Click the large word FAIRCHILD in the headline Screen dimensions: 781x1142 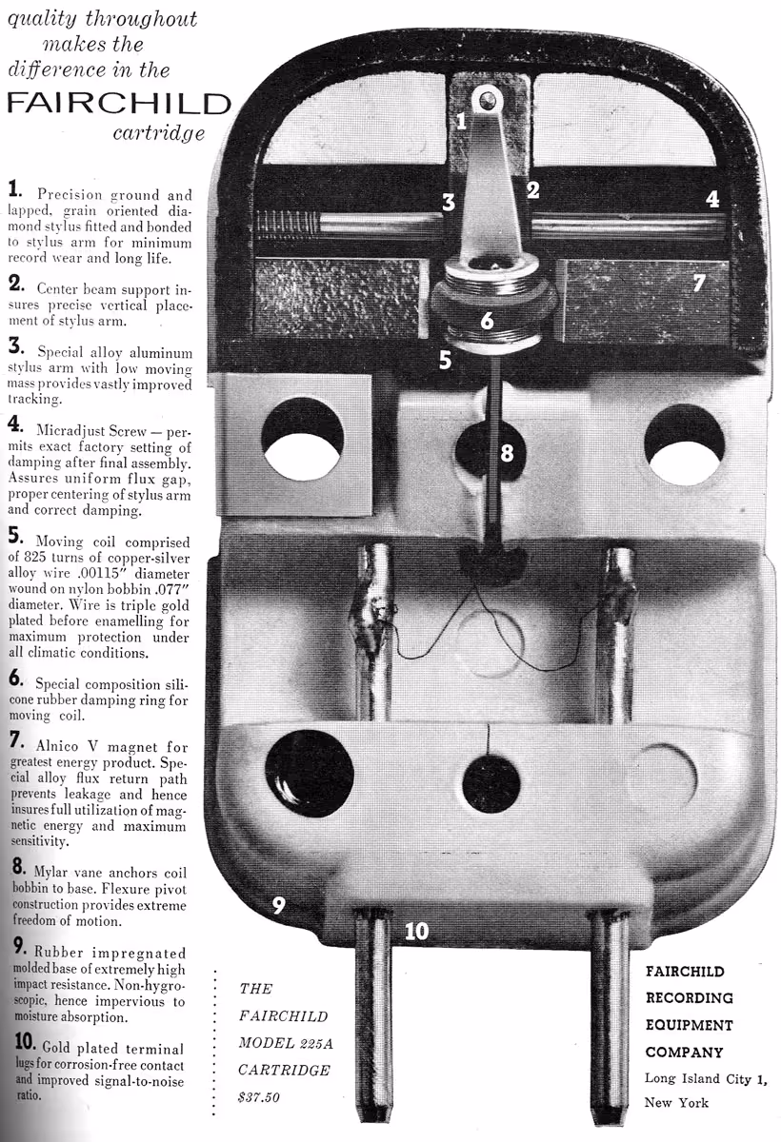pyautogui.click(x=119, y=104)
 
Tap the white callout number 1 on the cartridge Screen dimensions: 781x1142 pyautogui.click(x=461, y=121)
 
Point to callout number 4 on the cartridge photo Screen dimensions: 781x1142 pyautogui.click(x=712, y=199)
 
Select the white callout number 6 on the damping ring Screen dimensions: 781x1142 pyautogui.click(x=487, y=321)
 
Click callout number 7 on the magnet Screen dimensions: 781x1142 pyautogui.click(x=699, y=283)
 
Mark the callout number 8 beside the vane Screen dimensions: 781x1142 pyautogui.click(x=507, y=452)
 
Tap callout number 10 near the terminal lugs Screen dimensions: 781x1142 pyautogui.click(x=417, y=932)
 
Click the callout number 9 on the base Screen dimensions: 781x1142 pyautogui.click(x=278, y=905)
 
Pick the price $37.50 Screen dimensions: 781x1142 pyautogui.click(x=259, y=1096)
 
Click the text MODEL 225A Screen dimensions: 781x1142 pyautogui.click(x=286, y=1043)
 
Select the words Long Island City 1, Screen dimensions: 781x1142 pyautogui.click(x=706, y=1079)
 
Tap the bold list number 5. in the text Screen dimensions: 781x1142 pyautogui.click(x=16, y=536)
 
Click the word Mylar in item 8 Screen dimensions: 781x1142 pyautogui.click(x=50, y=873)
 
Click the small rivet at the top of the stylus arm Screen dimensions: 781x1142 pyautogui.click(x=487, y=98)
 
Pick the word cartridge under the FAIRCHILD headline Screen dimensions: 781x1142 pyautogui.click(x=159, y=133)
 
